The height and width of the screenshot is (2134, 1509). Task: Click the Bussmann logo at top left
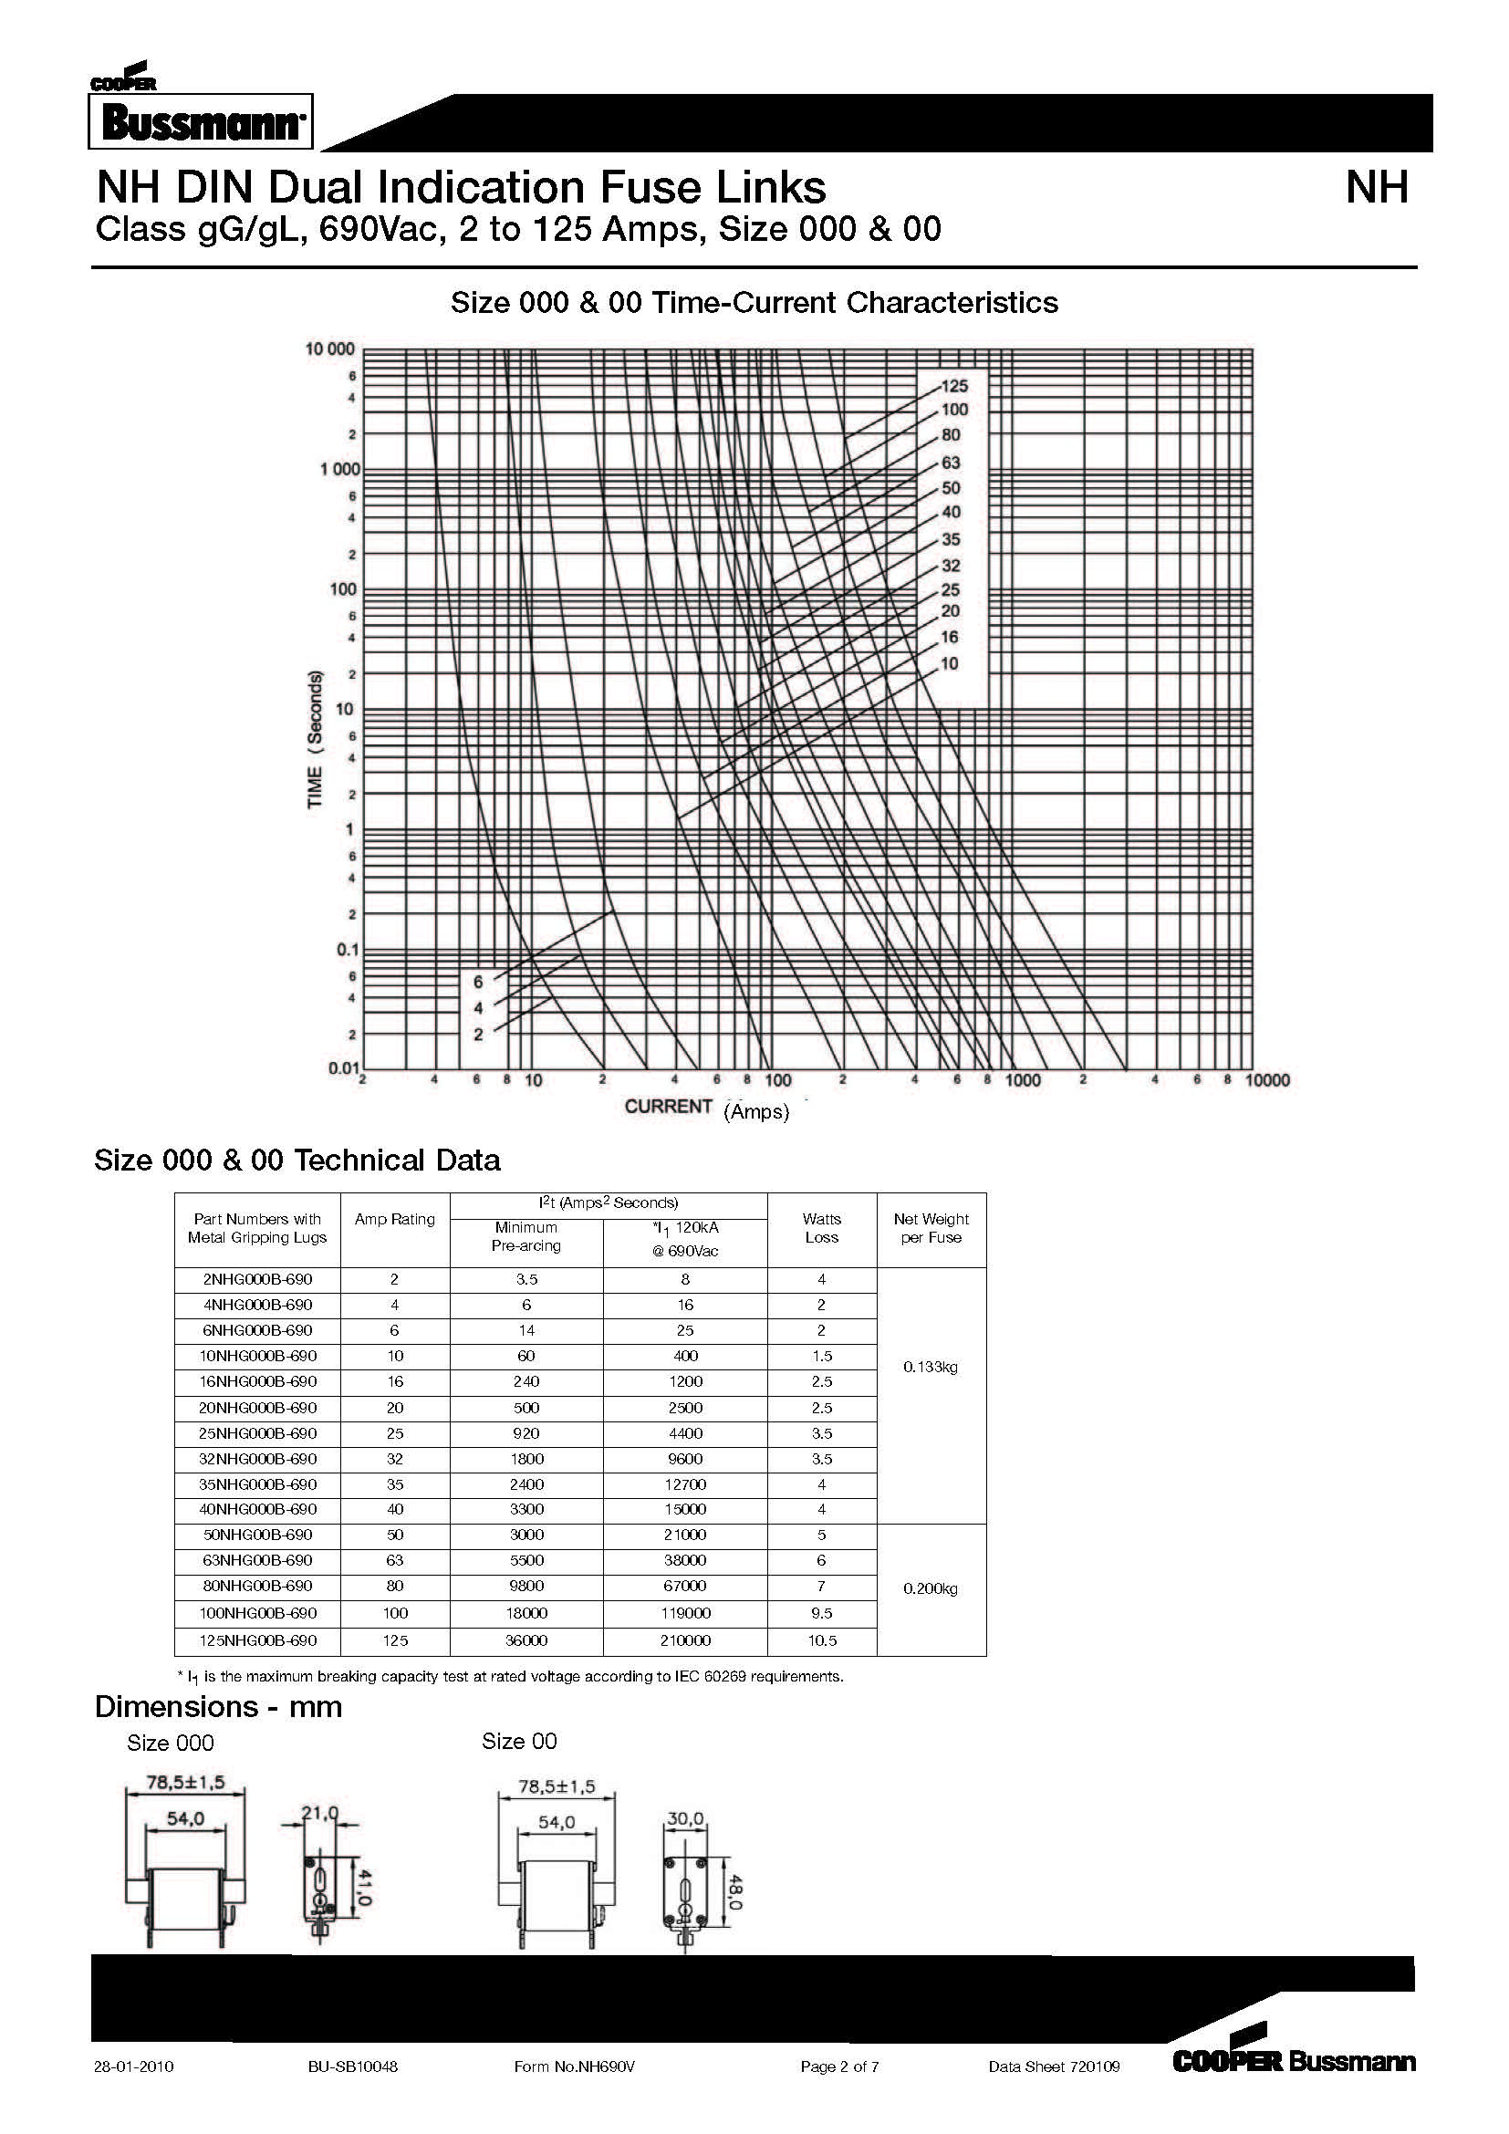coord(201,120)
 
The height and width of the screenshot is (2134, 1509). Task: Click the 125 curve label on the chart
coord(954,387)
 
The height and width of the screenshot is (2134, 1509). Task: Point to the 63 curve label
coord(951,463)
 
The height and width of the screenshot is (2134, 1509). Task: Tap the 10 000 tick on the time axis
coord(331,349)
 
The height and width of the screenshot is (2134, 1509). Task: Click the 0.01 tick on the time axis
coord(343,1069)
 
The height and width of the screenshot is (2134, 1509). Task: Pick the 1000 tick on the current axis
coord(1022,1081)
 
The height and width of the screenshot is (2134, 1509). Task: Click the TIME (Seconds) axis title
coord(316,739)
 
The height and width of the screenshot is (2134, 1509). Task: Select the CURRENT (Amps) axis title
coord(706,1108)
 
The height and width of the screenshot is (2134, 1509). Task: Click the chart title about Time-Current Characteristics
coord(754,303)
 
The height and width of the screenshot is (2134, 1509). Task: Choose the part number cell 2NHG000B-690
coord(257,1280)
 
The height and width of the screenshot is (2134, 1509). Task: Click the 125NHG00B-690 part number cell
coord(257,1640)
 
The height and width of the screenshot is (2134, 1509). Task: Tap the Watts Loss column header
coord(821,1229)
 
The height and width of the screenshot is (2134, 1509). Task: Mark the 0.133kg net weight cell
coord(930,1368)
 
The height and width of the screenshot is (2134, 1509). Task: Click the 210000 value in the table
coord(685,1640)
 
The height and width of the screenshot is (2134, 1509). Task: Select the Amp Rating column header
coord(394,1220)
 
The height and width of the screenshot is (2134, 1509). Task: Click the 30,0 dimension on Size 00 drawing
coord(686,1818)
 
